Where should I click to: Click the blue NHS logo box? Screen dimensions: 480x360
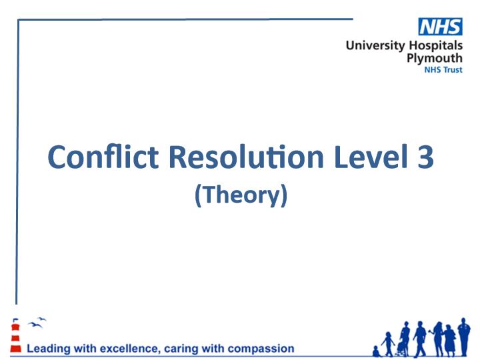(x=440, y=27)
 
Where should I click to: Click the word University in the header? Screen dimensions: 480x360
(x=375, y=45)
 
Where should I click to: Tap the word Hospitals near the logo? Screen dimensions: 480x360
(x=436, y=45)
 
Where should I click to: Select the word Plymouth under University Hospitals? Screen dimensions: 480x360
(x=435, y=58)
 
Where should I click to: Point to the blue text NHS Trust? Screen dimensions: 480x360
(x=443, y=70)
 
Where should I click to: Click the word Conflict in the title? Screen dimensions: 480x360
(x=103, y=157)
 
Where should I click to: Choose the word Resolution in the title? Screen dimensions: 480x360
(x=246, y=157)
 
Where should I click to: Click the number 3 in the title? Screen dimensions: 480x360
(x=425, y=157)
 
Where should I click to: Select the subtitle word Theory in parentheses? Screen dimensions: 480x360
(x=241, y=195)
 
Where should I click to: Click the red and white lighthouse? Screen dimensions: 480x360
(x=15, y=335)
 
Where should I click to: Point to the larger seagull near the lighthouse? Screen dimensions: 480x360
(x=34, y=325)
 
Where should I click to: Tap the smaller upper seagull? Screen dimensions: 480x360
(x=42, y=319)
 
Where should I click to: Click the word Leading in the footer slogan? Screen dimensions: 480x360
(x=49, y=349)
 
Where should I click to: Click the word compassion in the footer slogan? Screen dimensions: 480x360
(x=261, y=349)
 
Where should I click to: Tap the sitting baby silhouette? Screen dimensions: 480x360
(x=377, y=351)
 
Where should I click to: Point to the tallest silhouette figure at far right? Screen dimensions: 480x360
(x=464, y=337)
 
